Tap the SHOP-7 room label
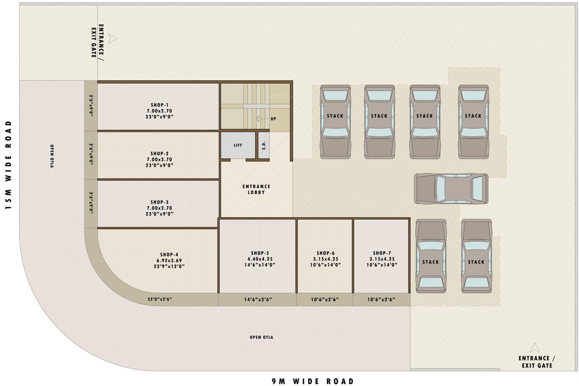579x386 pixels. click(x=381, y=253)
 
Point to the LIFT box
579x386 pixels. click(x=238, y=145)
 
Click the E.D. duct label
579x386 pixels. click(x=264, y=145)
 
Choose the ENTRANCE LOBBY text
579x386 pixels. click(x=256, y=189)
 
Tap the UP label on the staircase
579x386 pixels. click(x=273, y=119)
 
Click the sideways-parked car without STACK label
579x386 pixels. click(x=451, y=189)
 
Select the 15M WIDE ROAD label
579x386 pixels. click(x=9, y=166)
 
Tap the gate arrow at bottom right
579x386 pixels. click(x=535, y=347)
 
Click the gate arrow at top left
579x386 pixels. click(x=113, y=38)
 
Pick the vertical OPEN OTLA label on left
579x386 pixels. click(x=52, y=156)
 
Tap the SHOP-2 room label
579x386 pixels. click(x=159, y=153)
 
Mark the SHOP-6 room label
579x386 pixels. click(x=325, y=253)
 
